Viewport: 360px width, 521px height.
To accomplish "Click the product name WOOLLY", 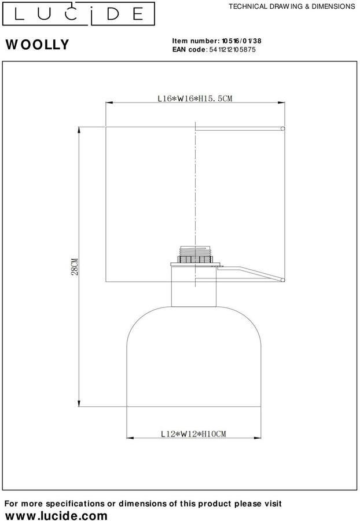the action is (38, 45).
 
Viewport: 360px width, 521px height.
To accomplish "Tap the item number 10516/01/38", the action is (241, 41).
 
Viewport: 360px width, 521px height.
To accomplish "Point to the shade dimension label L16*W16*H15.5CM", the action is (195, 98).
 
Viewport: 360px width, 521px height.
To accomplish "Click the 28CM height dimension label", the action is (75, 266).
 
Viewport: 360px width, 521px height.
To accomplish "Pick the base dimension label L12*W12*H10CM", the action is (193, 434).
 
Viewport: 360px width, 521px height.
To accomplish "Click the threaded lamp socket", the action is (195, 255).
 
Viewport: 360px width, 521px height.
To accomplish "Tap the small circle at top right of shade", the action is (283, 129).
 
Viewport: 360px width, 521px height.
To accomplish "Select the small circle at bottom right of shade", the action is (283, 280).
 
